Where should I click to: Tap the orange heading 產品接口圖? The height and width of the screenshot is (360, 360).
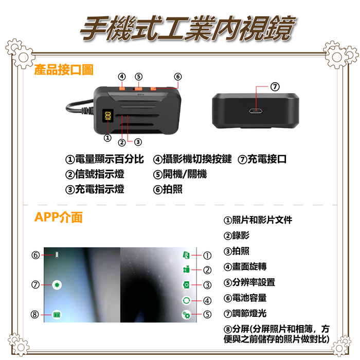click(x=64, y=69)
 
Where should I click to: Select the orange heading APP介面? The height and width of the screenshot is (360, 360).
click(x=58, y=217)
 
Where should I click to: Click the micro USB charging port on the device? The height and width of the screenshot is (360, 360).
click(x=256, y=112)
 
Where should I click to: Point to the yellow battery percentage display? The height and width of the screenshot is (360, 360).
click(x=107, y=116)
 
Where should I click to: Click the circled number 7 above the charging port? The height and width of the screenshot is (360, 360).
click(x=275, y=87)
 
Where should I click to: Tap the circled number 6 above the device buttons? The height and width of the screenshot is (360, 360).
click(x=178, y=77)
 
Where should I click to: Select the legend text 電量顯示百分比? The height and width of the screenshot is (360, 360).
click(x=110, y=159)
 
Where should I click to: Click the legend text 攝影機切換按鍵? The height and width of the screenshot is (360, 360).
click(x=197, y=159)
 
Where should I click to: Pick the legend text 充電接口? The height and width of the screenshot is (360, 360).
click(x=267, y=159)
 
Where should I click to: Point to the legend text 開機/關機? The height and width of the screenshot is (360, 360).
click(x=185, y=174)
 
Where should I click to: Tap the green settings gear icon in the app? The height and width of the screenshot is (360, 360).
click(x=186, y=315)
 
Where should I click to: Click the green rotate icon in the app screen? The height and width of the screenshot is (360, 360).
click(x=186, y=300)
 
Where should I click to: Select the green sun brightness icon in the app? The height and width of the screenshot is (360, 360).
click(x=57, y=285)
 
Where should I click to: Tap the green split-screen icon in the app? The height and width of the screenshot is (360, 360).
click(x=57, y=314)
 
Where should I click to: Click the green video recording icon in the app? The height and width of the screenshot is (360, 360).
click(x=186, y=269)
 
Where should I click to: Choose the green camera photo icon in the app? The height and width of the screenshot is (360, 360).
click(x=186, y=285)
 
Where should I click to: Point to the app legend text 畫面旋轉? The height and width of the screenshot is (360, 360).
click(x=249, y=266)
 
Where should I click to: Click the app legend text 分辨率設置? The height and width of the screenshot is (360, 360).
click(x=254, y=282)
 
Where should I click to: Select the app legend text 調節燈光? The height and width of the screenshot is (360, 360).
click(x=249, y=313)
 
